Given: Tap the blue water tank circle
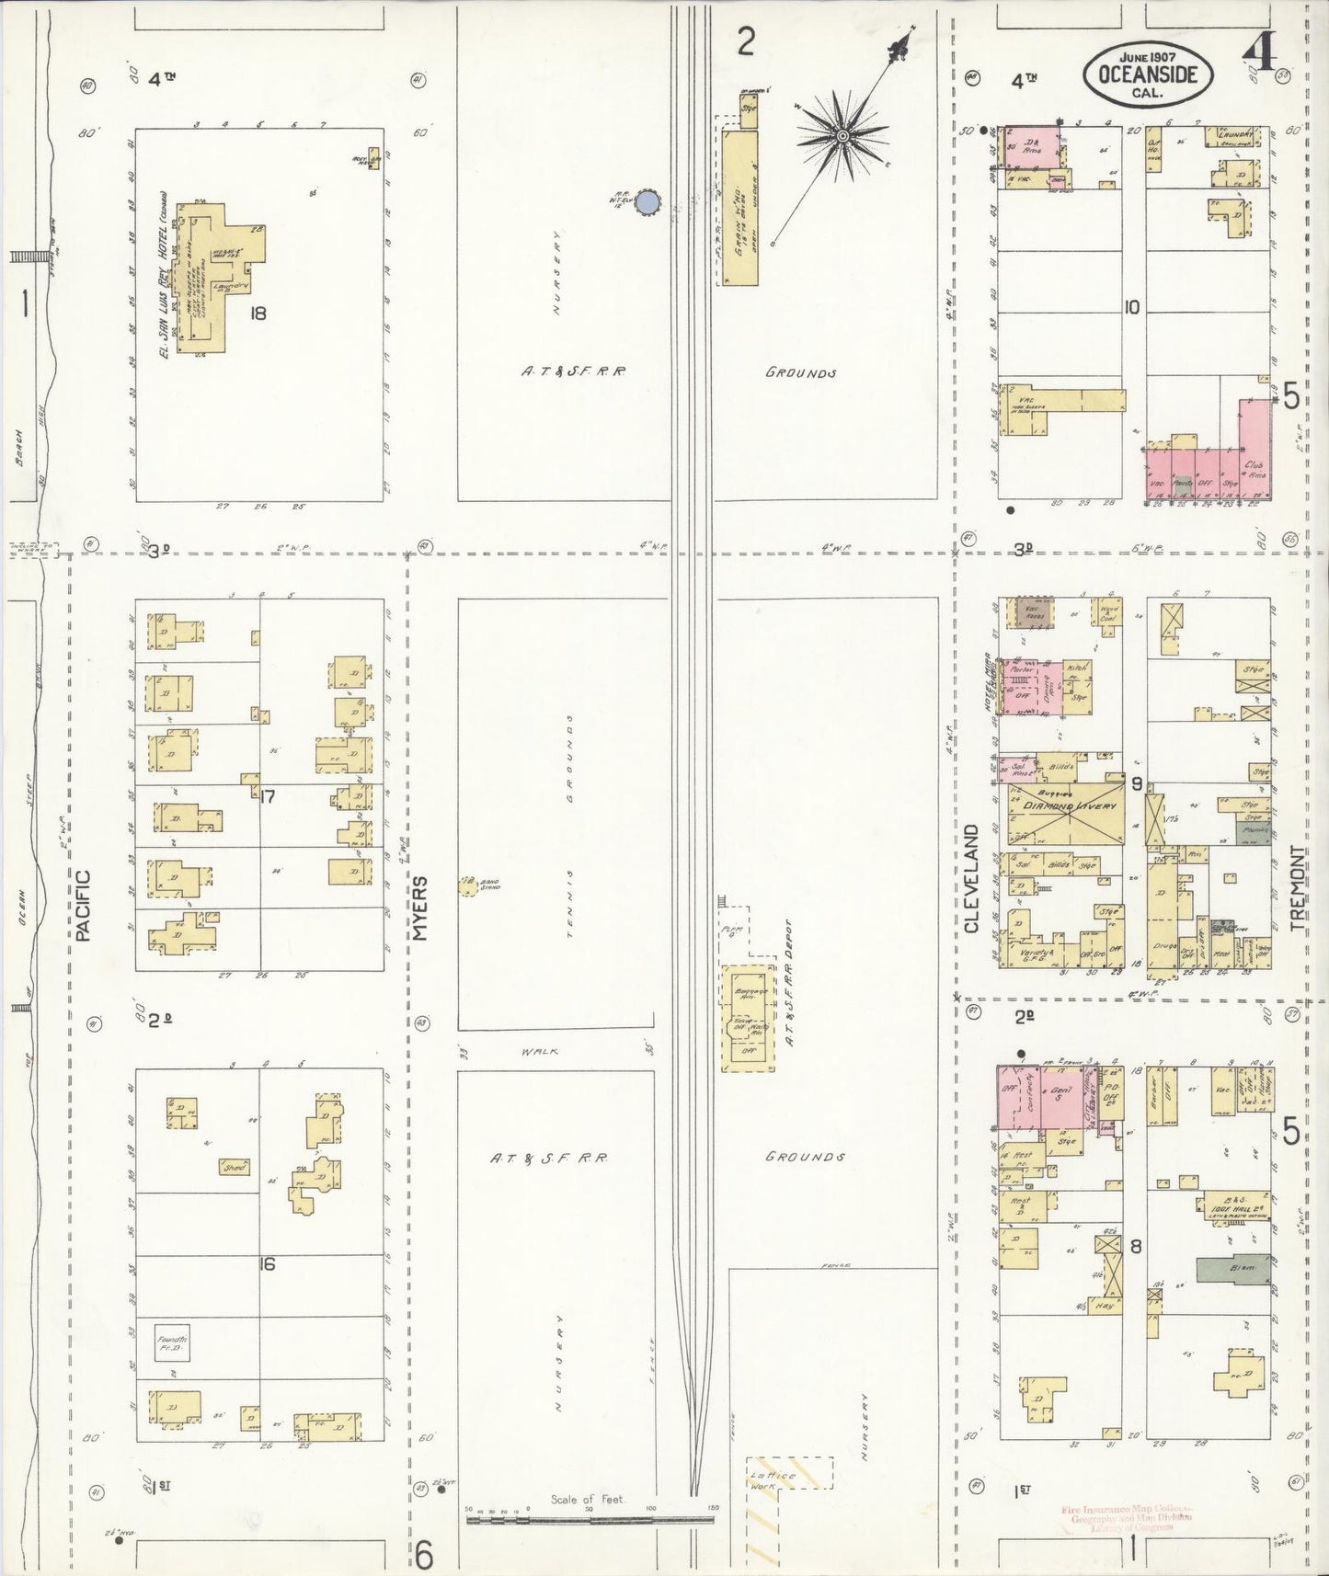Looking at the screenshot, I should [649, 203].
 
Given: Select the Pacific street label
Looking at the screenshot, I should [85, 906].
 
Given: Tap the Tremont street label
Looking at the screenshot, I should [1298, 888].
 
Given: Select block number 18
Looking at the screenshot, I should [257, 313].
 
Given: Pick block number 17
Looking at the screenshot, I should [268, 796].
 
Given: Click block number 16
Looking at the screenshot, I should [267, 1264].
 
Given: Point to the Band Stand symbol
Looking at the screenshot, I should [466, 886].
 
